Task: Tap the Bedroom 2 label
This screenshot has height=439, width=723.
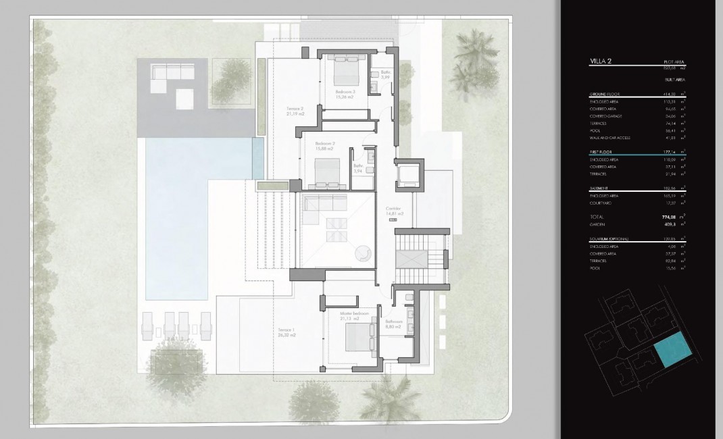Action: tap(325, 143)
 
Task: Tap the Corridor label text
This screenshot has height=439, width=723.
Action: tap(393, 208)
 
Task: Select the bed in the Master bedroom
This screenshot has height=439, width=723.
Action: tap(355, 336)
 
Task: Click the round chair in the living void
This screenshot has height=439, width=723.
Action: tap(362, 252)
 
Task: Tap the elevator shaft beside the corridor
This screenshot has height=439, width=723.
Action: tap(409, 174)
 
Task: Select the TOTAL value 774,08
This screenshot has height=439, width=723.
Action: tap(670, 216)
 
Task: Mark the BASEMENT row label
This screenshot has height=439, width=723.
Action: tap(600, 188)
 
